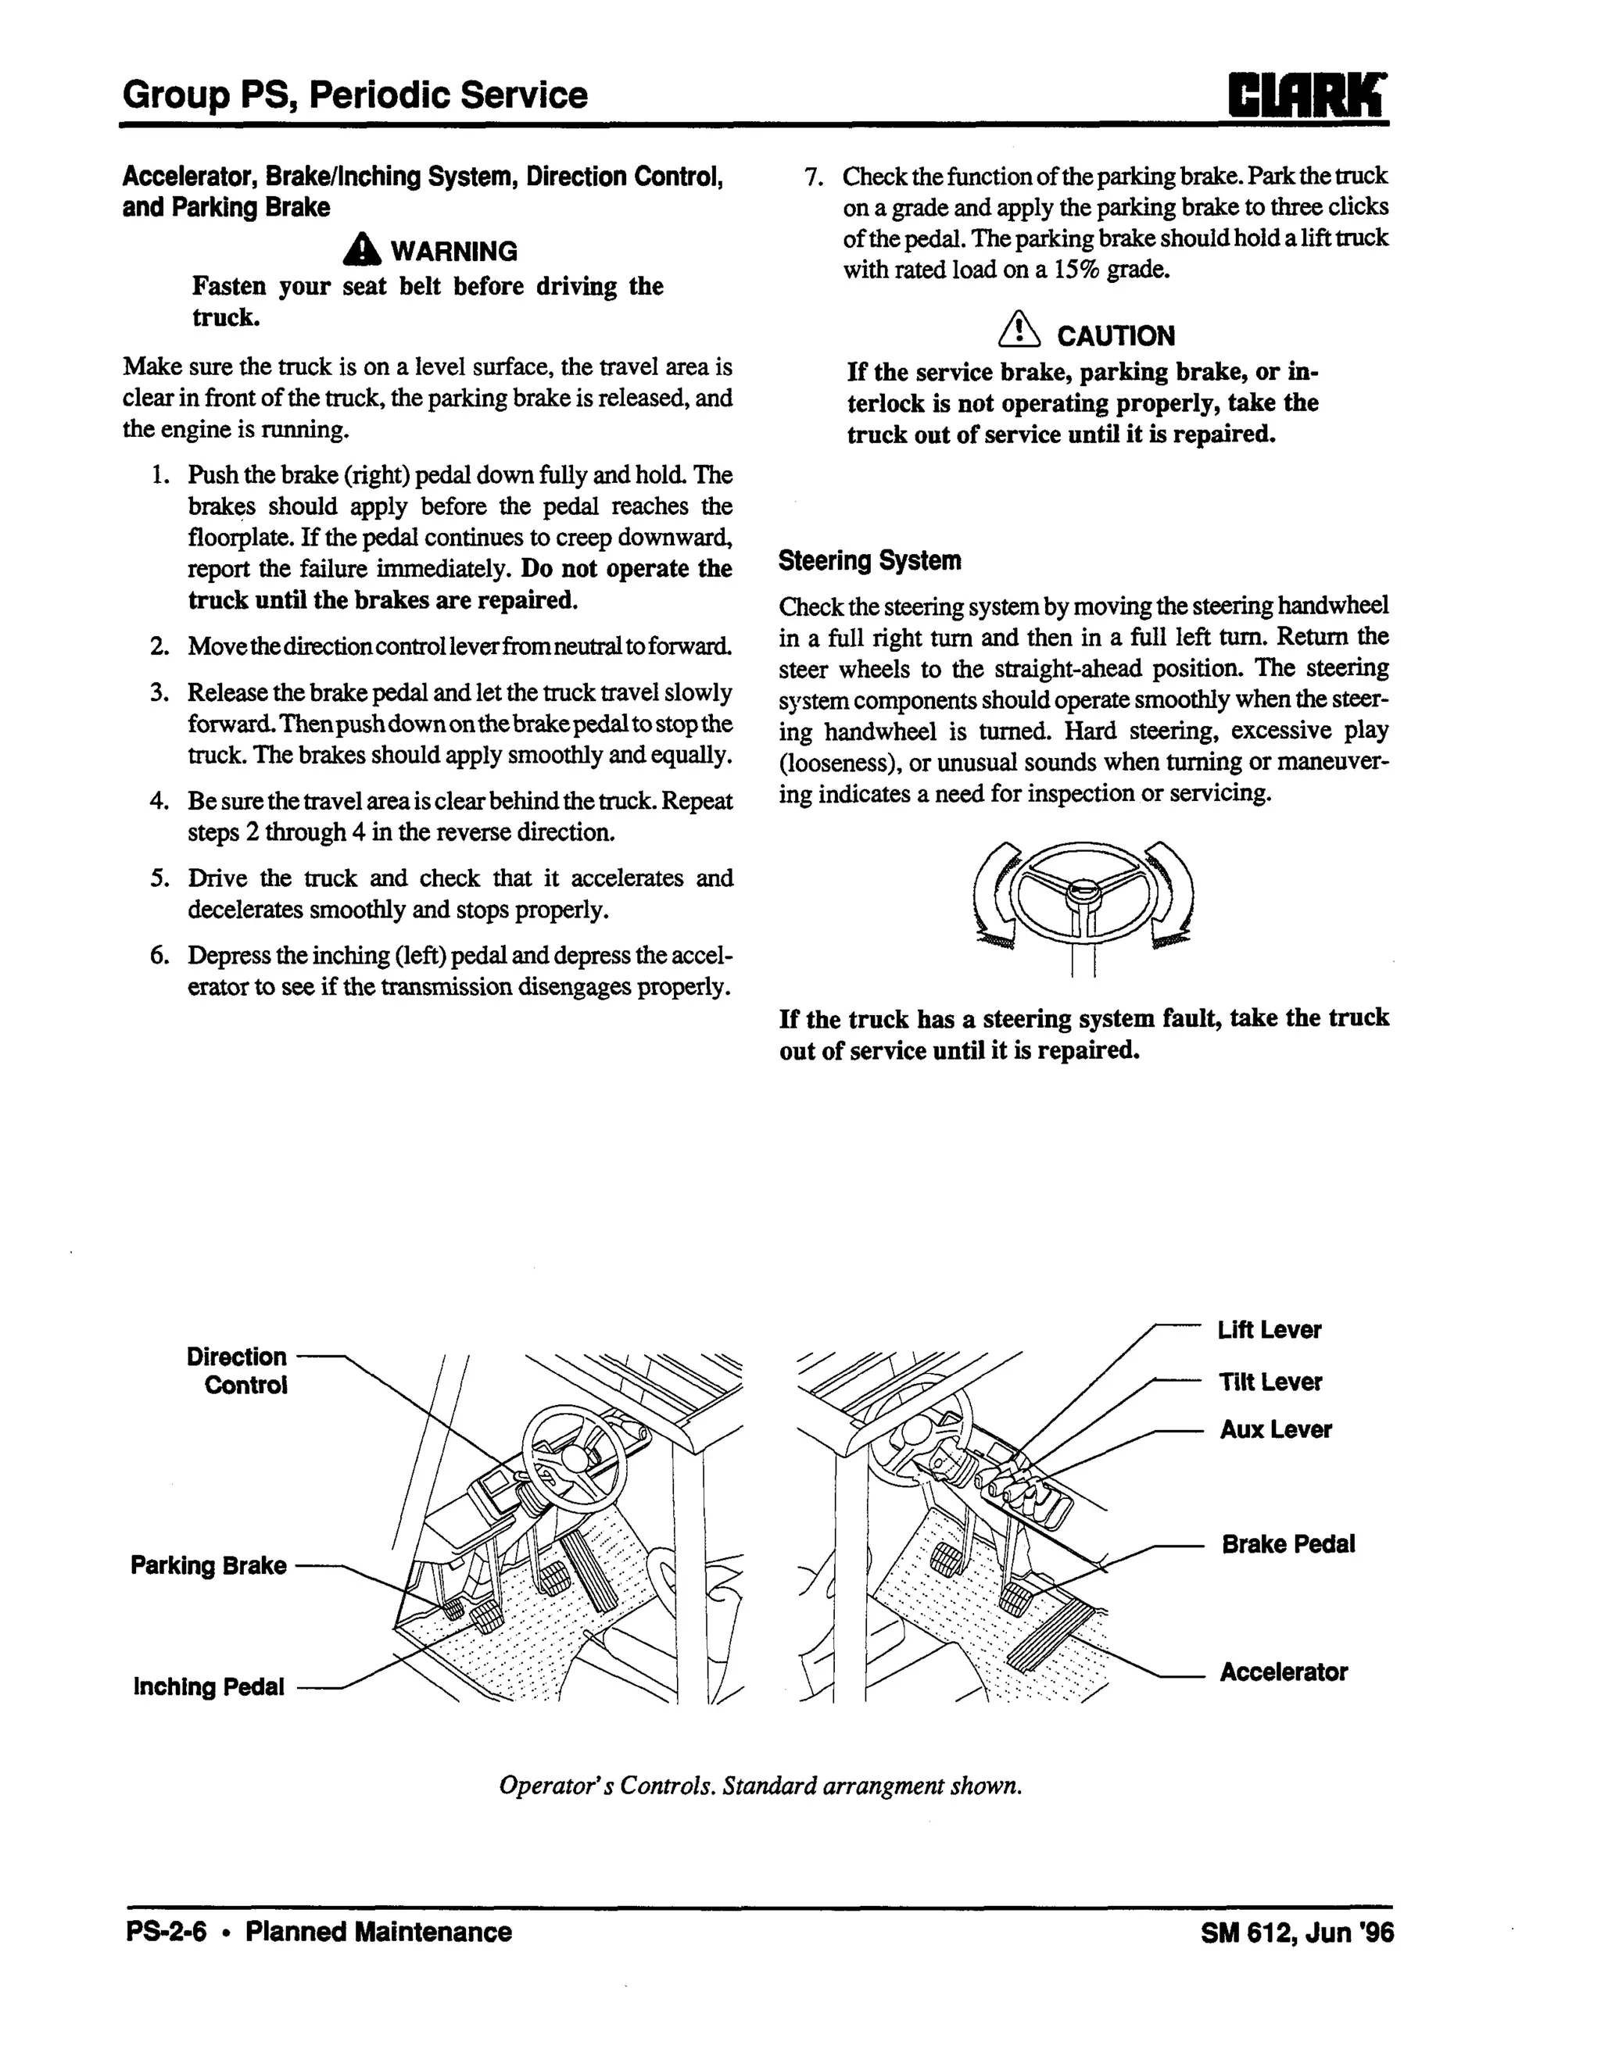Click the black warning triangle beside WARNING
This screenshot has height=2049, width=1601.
pyautogui.click(x=361, y=251)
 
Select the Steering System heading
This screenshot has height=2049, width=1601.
pyautogui.click(x=869, y=561)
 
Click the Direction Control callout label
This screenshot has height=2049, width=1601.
pyautogui.click(x=237, y=1371)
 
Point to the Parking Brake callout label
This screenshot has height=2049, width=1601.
pyautogui.click(x=209, y=1566)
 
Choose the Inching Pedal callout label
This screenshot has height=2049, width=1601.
pyautogui.click(x=209, y=1687)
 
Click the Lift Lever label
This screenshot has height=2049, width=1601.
pyautogui.click(x=1269, y=1330)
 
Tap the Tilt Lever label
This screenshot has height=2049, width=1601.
pyautogui.click(x=1270, y=1382)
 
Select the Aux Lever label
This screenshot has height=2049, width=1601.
pyautogui.click(x=1275, y=1430)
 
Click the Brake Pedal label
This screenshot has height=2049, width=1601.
pyautogui.click(x=1288, y=1544)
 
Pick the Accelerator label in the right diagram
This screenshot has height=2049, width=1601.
pyautogui.click(x=1283, y=1672)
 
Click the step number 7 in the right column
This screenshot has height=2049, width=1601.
pyautogui.click(x=813, y=177)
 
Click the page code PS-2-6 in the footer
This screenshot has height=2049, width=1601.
pyautogui.click(x=166, y=1933)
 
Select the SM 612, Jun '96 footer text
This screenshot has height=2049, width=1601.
pyautogui.click(x=1297, y=1933)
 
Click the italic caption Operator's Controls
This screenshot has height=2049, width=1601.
pyautogui.click(x=760, y=1786)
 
